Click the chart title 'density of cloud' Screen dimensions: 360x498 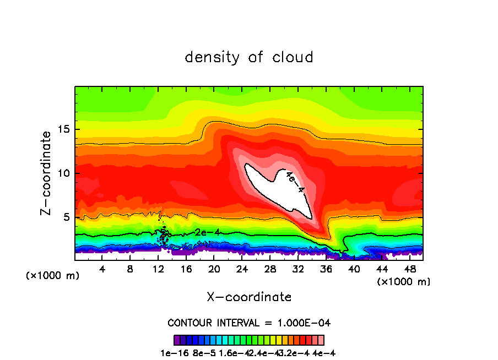click(249, 57)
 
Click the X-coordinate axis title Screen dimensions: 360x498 click(249, 297)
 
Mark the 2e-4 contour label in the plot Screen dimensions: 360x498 click(208, 233)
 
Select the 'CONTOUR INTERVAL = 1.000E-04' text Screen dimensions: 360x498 click(249, 323)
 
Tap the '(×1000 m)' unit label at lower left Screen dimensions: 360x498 click(52, 276)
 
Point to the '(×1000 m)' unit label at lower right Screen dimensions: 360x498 click(404, 281)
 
